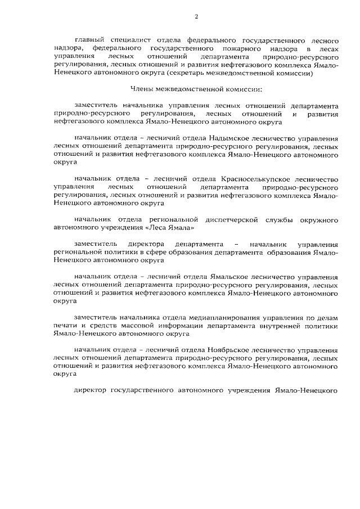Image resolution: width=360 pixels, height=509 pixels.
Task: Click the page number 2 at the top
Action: (x=196, y=16)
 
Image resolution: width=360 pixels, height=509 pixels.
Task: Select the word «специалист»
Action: (x=136, y=41)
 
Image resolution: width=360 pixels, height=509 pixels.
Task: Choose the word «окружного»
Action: (x=318, y=218)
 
